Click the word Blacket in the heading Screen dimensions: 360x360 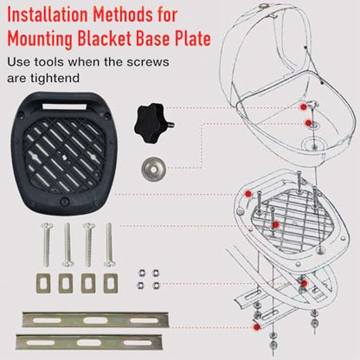(x=105, y=39)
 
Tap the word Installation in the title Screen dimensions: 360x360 (x=48, y=15)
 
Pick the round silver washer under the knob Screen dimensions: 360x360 (x=154, y=169)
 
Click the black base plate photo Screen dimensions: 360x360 (x=64, y=153)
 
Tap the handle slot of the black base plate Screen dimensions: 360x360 (x=65, y=106)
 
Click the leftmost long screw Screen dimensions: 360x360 (x=47, y=245)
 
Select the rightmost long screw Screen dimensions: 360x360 (x=109, y=245)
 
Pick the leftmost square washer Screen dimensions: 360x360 (x=43, y=283)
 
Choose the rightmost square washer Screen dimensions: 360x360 (x=111, y=283)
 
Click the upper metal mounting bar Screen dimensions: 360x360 (x=95, y=319)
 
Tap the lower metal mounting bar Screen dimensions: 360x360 (x=89, y=342)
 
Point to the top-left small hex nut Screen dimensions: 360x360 (x=141, y=273)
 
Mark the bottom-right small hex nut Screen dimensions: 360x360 (x=156, y=286)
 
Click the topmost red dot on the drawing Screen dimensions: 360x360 (x=303, y=106)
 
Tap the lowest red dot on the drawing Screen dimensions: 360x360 (x=256, y=327)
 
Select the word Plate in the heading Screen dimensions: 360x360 (x=192, y=39)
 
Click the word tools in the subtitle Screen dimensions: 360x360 (x=49, y=62)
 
